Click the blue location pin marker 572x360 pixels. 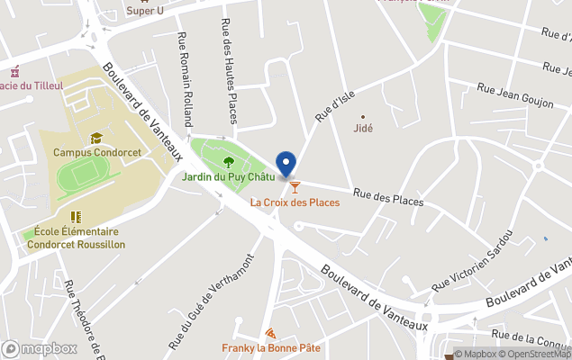click(x=286, y=165)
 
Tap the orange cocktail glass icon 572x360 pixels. click(x=295, y=186)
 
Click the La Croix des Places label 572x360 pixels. click(x=295, y=202)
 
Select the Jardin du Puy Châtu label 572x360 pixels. click(x=229, y=176)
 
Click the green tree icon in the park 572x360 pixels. click(x=228, y=162)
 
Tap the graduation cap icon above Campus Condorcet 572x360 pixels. click(x=95, y=138)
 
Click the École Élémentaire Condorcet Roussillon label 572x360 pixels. click(x=76, y=238)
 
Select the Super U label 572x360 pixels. click(x=145, y=11)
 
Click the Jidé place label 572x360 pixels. click(x=364, y=128)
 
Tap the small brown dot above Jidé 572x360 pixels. click(x=363, y=116)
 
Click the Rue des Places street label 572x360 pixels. click(x=388, y=196)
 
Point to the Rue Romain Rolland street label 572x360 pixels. click(x=186, y=79)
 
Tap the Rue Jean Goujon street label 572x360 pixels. click(x=514, y=96)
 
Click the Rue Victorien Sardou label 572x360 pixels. click(x=472, y=262)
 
